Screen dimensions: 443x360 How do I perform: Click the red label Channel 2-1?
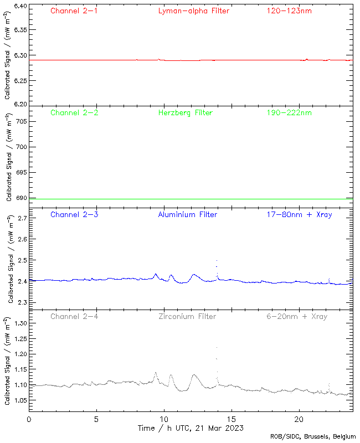(x=74, y=11)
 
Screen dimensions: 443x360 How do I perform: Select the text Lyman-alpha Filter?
(x=193, y=11)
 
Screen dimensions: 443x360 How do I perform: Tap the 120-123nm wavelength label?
(x=289, y=11)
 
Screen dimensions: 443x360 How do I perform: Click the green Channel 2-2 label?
(x=74, y=112)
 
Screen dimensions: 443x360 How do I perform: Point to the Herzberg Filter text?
(x=185, y=112)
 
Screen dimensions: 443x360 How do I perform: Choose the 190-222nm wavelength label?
(x=289, y=112)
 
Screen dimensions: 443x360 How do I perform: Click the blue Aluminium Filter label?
(x=187, y=214)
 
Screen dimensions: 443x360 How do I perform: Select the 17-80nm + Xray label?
(x=299, y=214)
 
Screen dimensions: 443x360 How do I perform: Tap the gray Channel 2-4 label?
(x=74, y=316)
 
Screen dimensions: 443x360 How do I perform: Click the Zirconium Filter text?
(x=187, y=316)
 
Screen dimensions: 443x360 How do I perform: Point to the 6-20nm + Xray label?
(x=296, y=316)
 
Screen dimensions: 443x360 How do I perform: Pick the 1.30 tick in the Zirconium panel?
(x=19, y=323)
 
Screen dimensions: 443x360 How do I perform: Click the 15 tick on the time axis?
(x=231, y=419)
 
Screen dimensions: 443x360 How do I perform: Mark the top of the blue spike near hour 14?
(x=217, y=260)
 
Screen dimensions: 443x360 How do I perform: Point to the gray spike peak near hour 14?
(x=217, y=348)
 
